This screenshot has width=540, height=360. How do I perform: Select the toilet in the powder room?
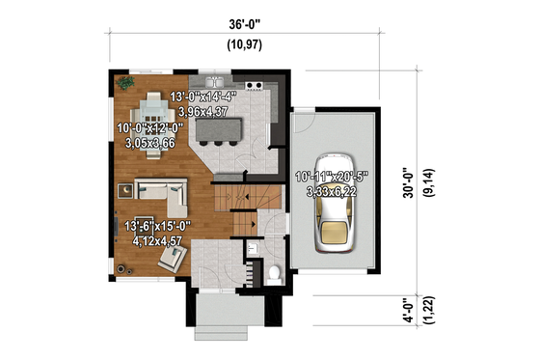coord(275,273)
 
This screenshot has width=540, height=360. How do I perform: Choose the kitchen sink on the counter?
coord(217,81)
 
